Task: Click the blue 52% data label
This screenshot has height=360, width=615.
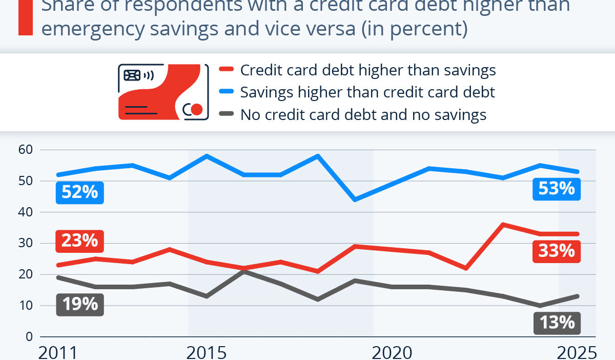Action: tap(79, 192)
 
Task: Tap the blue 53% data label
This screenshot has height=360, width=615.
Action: tap(557, 189)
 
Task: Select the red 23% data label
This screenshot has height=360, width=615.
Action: tap(79, 240)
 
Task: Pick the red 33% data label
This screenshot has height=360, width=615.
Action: tap(557, 251)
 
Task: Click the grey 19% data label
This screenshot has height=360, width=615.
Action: tap(79, 304)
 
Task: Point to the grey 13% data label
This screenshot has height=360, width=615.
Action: tap(557, 323)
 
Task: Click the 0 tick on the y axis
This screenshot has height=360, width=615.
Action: tap(30, 337)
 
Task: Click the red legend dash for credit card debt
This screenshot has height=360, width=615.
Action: tap(226, 70)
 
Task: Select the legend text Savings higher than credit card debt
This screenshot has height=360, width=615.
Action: tap(367, 92)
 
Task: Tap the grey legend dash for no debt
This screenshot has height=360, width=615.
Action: tap(226, 114)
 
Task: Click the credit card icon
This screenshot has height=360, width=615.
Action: tap(163, 92)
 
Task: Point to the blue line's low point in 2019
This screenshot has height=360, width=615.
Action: tap(355, 199)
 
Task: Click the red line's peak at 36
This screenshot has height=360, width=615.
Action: tap(503, 224)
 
